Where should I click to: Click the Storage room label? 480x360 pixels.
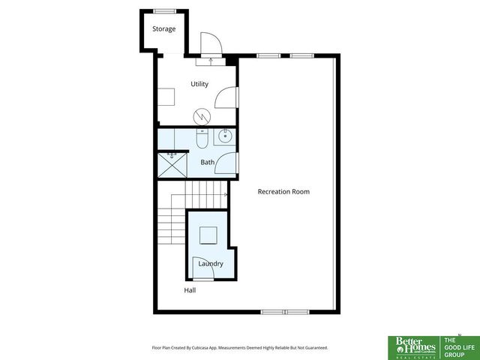(x=164, y=29)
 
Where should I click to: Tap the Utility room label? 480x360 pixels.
(x=199, y=84)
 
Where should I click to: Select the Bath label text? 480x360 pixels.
(x=208, y=162)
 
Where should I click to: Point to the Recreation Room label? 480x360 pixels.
(x=283, y=191)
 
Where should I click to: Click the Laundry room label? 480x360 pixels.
(x=211, y=263)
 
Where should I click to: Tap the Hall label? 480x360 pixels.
(x=190, y=289)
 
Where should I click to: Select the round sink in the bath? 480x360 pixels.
(x=225, y=137)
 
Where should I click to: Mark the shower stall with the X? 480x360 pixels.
(x=172, y=165)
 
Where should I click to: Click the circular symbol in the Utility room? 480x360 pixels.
(x=201, y=116)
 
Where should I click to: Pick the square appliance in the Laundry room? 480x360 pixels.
(x=208, y=235)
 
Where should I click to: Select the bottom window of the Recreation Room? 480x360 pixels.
(x=284, y=311)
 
